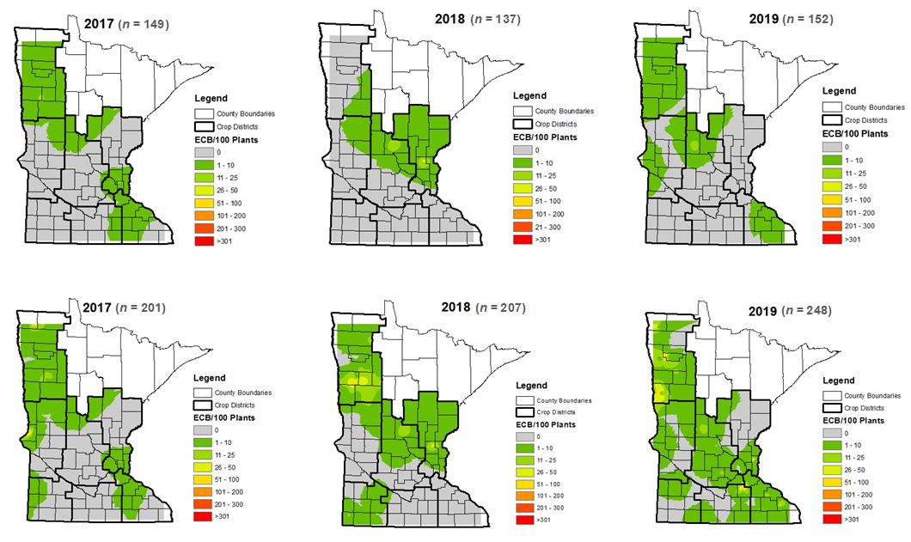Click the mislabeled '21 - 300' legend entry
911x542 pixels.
click(547, 226)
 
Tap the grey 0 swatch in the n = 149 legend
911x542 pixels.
click(205, 152)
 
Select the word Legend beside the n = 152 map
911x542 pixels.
click(838, 90)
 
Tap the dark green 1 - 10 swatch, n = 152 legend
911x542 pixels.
click(833, 161)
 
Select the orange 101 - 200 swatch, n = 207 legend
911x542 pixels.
click(524, 496)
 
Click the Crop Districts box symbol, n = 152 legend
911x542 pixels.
click(833, 119)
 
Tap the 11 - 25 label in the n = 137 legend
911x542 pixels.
click(547, 174)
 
